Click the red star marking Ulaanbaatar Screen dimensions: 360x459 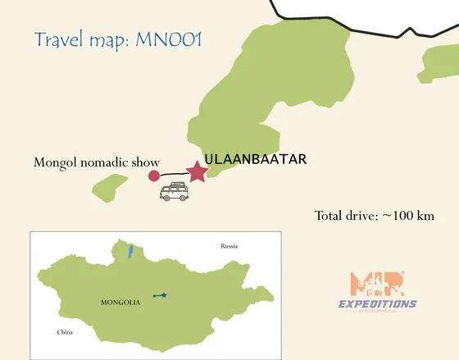pyautogui.click(x=197, y=171)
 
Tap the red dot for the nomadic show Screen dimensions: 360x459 pyautogui.click(x=153, y=175)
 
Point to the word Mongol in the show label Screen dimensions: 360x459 pyautogui.click(x=52, y=163)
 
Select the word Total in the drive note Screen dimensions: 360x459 pyautogui.click(x=330, y=216)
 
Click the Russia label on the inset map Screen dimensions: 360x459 pyautogui.click(x=229, y=246)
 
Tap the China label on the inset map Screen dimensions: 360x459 pyautogui.click(x=65, y=332)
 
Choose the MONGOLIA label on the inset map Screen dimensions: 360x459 pyautogui.click(x=120, y=303)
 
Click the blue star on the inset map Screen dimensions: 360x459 pyautogui.click(x=164, y=294)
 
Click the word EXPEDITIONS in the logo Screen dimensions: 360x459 pyautogui.click(x=377, y=303)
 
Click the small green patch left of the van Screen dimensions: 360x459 pyautogui.click(x=110, y=186)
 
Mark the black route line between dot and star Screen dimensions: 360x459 pyautogui.click(x=174, y=174)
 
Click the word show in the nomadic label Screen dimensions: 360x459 pyautogui.click(x=144, y=163)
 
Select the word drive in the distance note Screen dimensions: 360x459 pyautogui.click(x=364, y=216)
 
